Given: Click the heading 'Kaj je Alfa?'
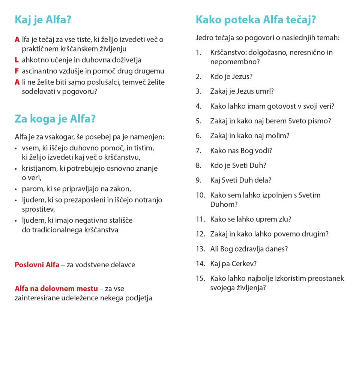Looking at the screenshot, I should click(x=43, y=20).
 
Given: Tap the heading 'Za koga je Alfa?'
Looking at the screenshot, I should click(x=55, y=119).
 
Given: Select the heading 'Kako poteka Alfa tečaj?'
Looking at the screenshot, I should click(x=256, y=20).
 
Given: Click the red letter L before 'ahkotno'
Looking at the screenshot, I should click(x=17, y=60).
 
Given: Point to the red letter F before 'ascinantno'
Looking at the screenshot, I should click(x=17, y=71).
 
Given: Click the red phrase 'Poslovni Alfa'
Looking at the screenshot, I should click(x=37, y=265).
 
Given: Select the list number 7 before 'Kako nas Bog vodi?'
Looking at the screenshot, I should click(x=198, y=150).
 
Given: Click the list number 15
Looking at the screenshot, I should click(x=200, y=279).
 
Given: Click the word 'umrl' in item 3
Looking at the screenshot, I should click(x=263, y=91).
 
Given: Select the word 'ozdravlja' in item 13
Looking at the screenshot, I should click(x=255, y=249).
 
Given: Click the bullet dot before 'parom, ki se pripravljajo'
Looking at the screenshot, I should click(x=16, y=189).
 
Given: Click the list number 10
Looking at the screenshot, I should click(x=200, y=195).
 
